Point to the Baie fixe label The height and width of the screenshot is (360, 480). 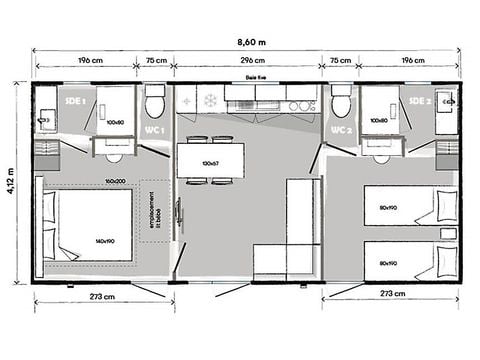[255, 76]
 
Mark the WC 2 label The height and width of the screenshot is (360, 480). [339, 131]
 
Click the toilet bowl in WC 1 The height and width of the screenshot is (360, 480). [153, 104]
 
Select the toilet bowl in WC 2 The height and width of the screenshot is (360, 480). [340, 104]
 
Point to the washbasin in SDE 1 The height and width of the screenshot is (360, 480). [44, 121]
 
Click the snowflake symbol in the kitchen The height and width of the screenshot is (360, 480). [211, 100]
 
